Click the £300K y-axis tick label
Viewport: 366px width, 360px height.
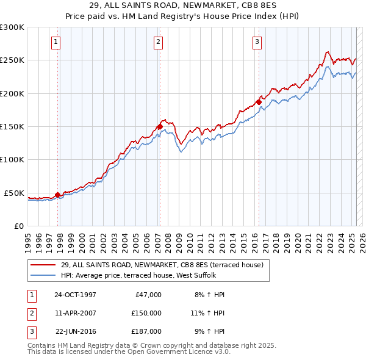12,27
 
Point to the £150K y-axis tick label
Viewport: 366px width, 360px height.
12,126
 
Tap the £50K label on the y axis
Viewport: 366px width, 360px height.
15,193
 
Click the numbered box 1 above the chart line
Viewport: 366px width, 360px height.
56,42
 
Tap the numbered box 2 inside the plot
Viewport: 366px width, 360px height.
158,42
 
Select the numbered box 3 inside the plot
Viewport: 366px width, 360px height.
257,42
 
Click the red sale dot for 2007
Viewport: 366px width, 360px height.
160,127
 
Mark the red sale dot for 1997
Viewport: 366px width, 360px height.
58,195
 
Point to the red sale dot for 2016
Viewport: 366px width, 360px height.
259,103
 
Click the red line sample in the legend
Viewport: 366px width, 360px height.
43,265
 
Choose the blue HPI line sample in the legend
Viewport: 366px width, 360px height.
43,275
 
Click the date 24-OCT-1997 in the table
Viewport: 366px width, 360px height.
75,295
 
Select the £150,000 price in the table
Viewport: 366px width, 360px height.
146,313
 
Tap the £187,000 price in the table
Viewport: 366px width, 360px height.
146,331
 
